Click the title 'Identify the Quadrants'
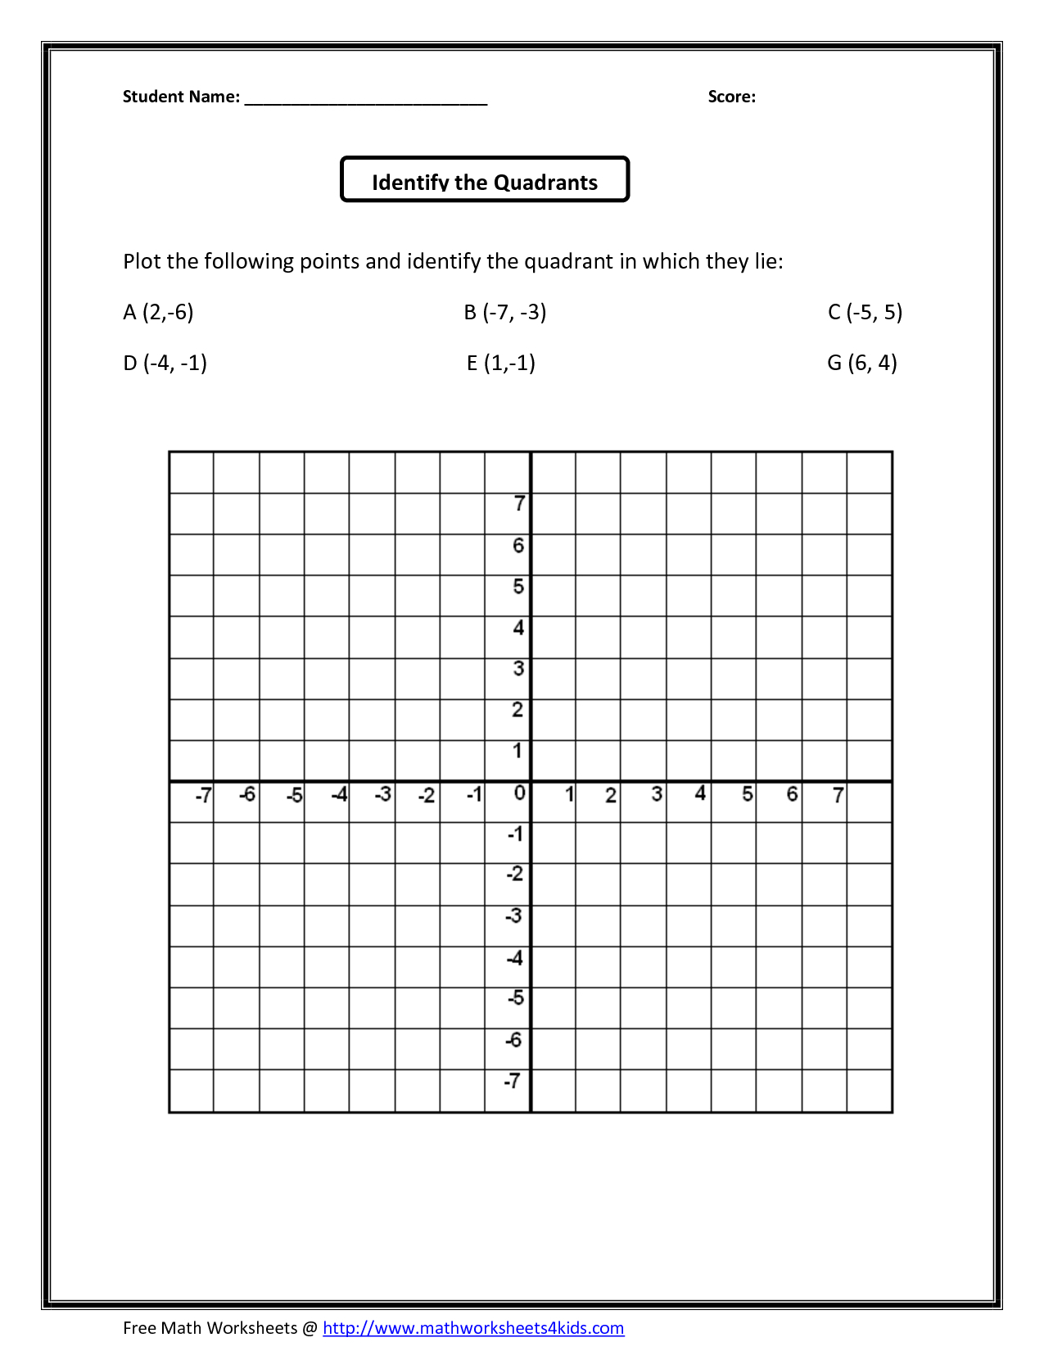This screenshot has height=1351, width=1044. pyautogui.click(x=485, y=182)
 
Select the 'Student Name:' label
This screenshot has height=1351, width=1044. pyautogui.click(x=181, y=97)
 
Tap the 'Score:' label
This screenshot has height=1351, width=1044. pyautogui.click(x=731, y=97)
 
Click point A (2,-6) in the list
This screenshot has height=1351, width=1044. pyautogui.click(x=158, y=312)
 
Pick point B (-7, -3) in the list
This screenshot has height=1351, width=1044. pyautogui.click(x=504, y=312)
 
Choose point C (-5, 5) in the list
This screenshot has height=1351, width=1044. pyautogui.click(x=865, y=312)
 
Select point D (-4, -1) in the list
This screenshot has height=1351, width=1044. pyautogui.click(x=165, y=363)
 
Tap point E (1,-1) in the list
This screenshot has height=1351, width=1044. pyautogui.click(x=501, y=363)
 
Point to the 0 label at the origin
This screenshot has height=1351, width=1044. pyautogui.click(x=519, y=793)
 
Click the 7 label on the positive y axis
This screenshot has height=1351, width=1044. pyautogui.click(x=519, y=504)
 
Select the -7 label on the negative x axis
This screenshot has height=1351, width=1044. pyautogui.click(x=203, y=795)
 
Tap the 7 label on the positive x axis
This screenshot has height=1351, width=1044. pyautogui.click(x=838, y=795)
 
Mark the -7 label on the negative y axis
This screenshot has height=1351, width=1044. pyautogui.click(x=513, y=1081)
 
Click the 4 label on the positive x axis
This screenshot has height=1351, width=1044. pyautogui.click(x=700, y=793)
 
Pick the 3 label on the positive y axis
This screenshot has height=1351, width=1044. pyautogui.click(x=518, y=668)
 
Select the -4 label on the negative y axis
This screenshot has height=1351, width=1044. pyautogui.click(x=514, y=957)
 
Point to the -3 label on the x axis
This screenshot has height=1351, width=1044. pyautogui.click(x=382, y=794)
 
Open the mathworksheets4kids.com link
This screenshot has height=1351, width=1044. pyautogui.click(x=473, y=1327)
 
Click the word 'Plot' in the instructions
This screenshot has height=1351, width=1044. pyautogui.click(x=142, y=261)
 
